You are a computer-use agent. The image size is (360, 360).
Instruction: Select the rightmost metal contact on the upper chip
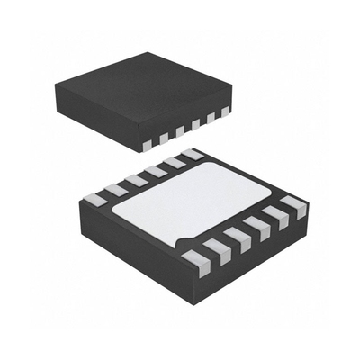(x=225, y=111)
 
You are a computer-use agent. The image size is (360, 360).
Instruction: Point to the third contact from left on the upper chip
(x=179, y=130)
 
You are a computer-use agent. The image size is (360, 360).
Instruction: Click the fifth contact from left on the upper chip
(x=211, y=117)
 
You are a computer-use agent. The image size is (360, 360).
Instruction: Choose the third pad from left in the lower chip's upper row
(x=136, y=180)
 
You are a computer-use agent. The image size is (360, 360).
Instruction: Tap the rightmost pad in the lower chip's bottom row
(x=294, y=208)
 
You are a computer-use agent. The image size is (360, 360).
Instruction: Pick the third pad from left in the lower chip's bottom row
(x=237, y=238)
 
